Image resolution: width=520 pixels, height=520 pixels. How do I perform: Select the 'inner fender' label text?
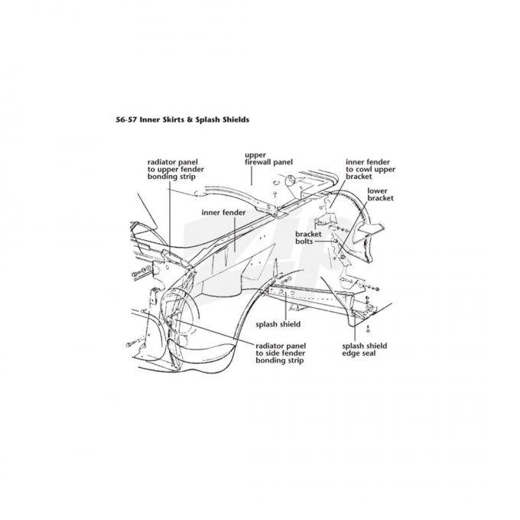pyautogui.click(x=223, y=211)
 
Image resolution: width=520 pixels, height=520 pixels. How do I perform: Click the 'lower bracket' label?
pyautogui.click(x=380, y=193)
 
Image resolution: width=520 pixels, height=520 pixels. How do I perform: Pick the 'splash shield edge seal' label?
pyautogui.click(x=364, y=349)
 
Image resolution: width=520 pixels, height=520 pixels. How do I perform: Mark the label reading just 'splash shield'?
pyautogui.click(x=278, y=323)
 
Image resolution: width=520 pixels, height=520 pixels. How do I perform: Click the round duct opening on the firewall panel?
pyautogui.click(x=291, y=180)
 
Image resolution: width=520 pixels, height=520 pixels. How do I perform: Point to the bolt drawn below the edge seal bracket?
pyautogui.click(x=368, y=329)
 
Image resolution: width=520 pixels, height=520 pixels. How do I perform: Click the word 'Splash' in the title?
pyautogui.click(x=208, y=119)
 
